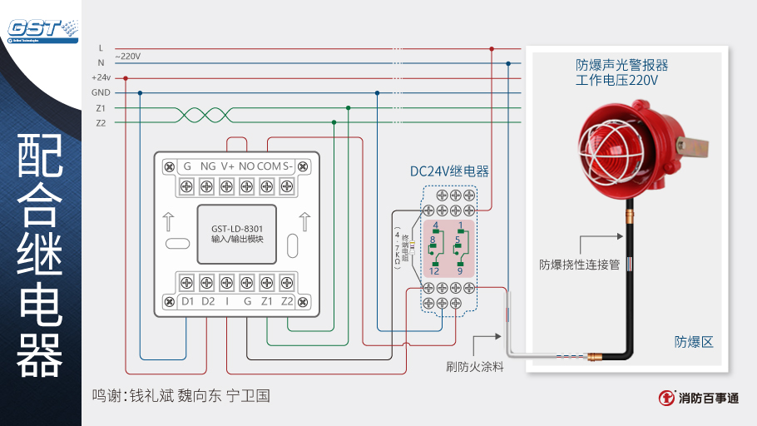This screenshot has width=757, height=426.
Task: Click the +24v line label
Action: (x=101, y=77)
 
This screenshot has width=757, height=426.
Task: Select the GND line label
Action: (x=101, y=92)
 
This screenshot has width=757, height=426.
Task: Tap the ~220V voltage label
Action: (x=126, y=56)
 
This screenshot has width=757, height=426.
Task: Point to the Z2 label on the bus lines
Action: (x=101, y=123)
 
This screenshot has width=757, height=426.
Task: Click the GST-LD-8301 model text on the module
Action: (x=237, y=228)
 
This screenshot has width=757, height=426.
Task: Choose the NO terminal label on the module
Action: (x=247, y=166)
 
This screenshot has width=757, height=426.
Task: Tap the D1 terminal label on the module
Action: (x=187, y=300)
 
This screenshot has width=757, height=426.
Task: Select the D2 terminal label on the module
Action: (x=208, y=300)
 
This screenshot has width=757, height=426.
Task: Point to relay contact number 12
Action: (x=434, y=271)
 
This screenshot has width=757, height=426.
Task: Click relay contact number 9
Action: (x=459, y=271)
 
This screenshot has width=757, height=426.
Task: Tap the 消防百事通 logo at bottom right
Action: (x=699, y=398)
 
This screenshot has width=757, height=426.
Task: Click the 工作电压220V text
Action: (x=616, y=81)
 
